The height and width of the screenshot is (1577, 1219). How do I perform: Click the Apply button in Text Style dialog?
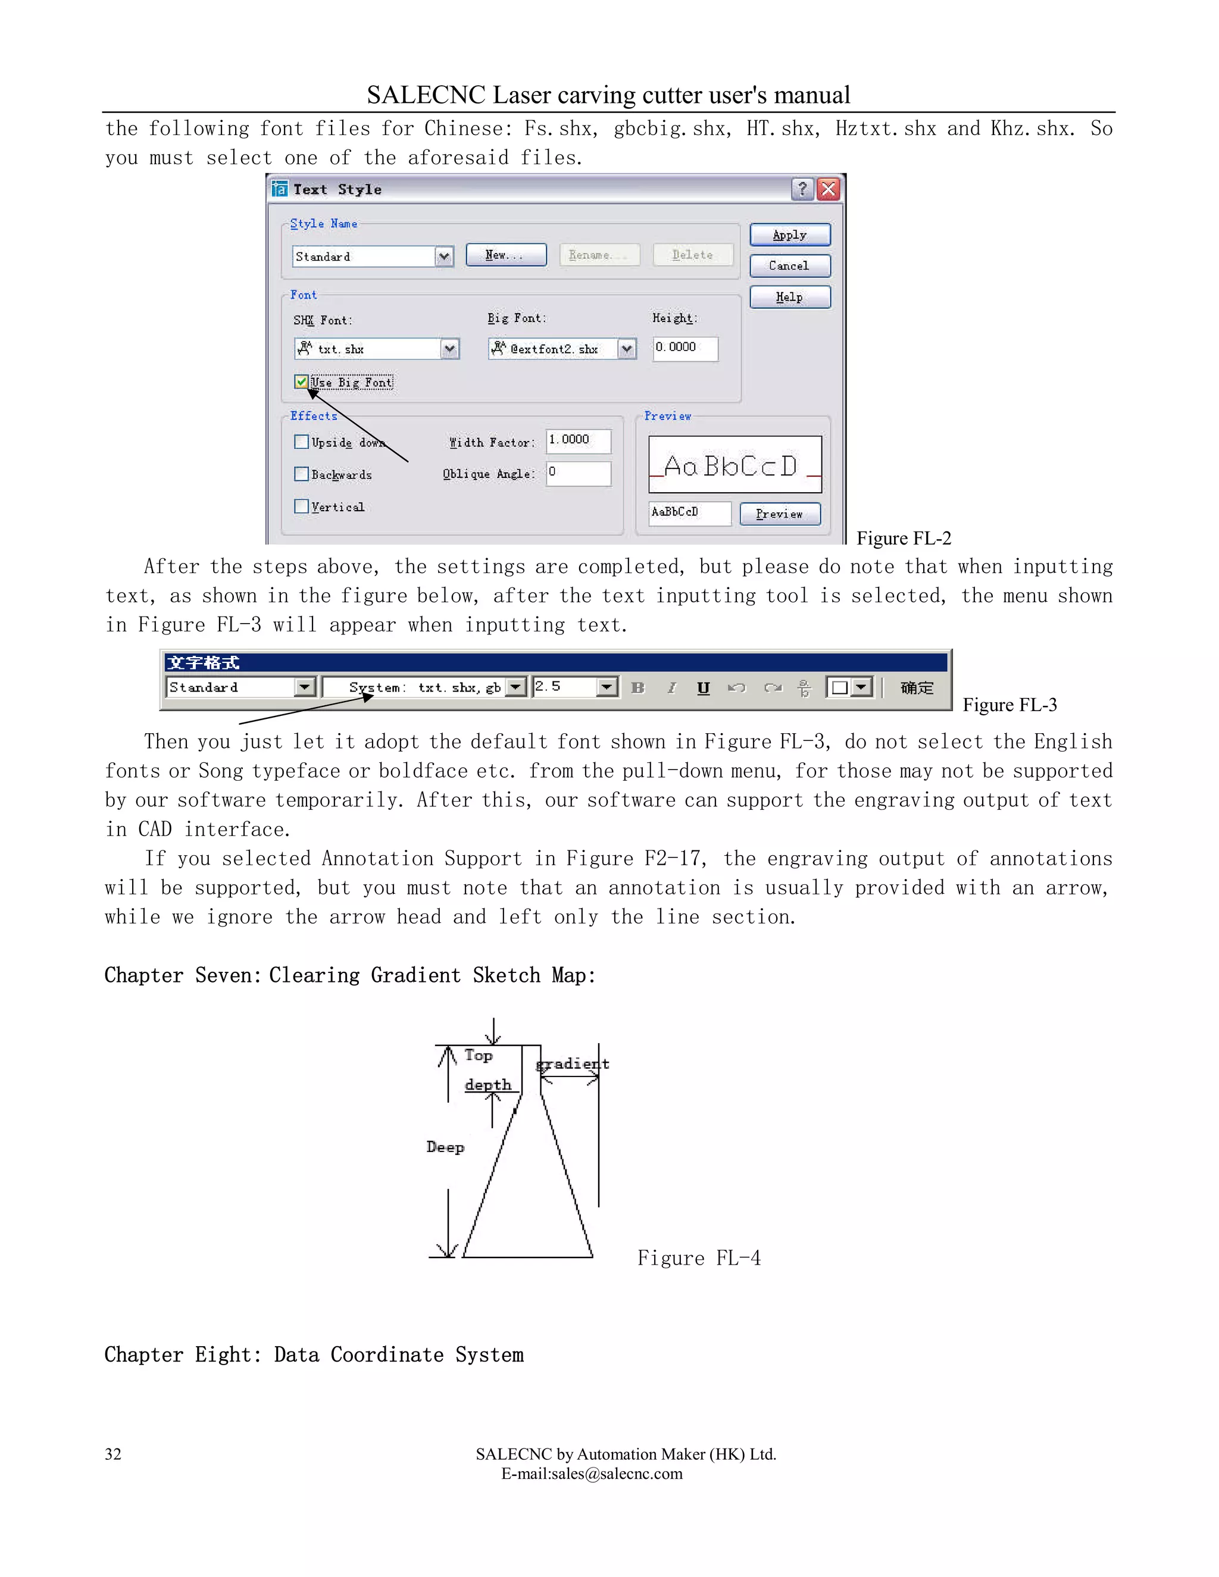coord(789,234)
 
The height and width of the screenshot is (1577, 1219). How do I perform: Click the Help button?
coord(789,297)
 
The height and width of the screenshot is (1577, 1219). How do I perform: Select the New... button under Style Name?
coord(505,255)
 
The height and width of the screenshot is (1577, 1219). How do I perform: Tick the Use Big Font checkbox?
coord(302,382)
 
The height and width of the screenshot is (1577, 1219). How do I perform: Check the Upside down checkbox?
coord(302,442)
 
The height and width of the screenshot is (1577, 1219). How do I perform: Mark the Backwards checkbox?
coord(302,474)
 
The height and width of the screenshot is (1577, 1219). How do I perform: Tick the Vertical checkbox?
coord(302,506)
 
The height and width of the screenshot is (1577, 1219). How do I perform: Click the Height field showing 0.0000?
coord(684,348)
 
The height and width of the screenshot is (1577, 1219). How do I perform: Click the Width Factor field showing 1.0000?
coord(578,440)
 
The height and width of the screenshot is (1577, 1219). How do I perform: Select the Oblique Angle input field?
coord(578,473)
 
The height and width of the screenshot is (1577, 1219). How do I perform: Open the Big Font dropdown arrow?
coord(627,349)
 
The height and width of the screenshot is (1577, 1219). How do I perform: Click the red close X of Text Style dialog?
coord(829,189)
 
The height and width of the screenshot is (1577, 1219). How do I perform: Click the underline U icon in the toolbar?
coord(704,687)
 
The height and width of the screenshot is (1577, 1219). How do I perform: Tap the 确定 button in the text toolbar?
coord(917,687)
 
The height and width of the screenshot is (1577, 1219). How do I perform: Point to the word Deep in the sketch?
coord(445,1147)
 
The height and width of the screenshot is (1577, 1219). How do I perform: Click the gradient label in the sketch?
coord(572,1063)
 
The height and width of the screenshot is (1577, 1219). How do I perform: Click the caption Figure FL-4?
coord(698,1258)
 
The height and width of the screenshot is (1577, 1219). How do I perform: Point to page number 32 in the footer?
coord(113,1454)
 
